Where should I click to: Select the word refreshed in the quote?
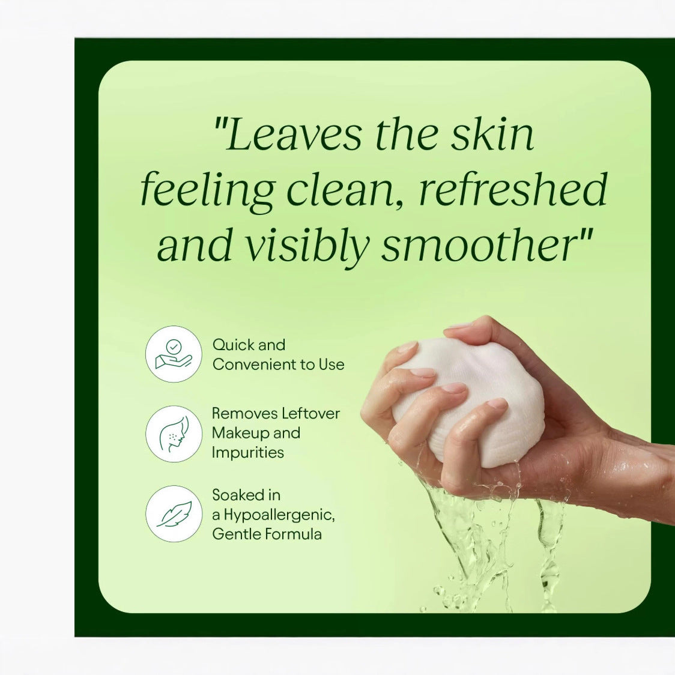[x=513, y=189]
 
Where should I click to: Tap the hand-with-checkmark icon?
[x=174, y=354]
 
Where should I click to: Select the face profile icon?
[x=174, y=434]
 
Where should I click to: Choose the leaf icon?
[x=174, y=514]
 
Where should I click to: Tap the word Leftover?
[x=309, y=413]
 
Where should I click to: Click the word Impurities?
[x=248, y=453]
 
